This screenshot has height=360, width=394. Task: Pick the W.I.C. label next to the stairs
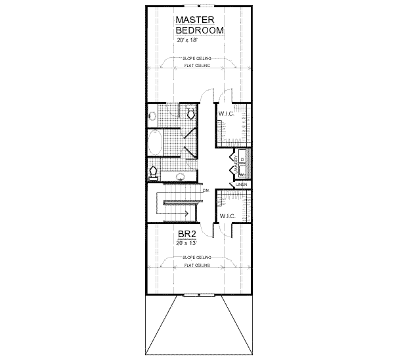(x=227, y=216)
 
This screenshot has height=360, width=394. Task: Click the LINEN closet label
(x=242, y=185)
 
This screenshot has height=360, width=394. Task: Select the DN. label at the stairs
(x=206, y=191)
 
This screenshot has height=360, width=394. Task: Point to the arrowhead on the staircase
(x=187, y=214)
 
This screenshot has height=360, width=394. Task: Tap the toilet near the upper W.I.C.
(x=191, y=114)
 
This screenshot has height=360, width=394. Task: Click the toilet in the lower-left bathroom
(x=154, y=172)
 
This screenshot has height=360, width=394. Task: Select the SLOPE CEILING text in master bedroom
(x=198, y=58)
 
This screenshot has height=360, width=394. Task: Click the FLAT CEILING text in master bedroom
(x=198, y=66)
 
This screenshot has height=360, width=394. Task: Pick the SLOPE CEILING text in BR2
(x=198, y=258)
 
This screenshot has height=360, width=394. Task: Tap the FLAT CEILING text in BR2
(x=198, y=265)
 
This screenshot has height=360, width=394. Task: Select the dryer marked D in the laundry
(x=242, y=159)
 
